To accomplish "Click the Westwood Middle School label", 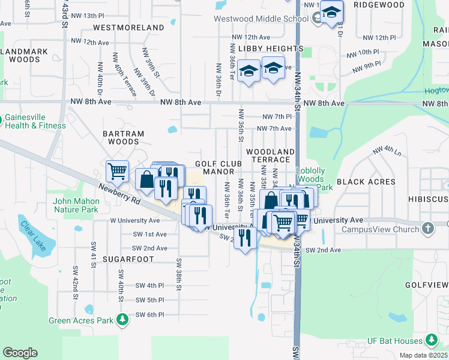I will [262, 19].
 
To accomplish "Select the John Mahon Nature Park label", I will [76, 206].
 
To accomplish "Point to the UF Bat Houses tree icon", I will [431, 340].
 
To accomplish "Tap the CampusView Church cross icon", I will [427, 228].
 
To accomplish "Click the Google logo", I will [20, 353].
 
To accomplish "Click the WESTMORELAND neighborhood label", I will [128, 28].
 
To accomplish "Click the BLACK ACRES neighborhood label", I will [366, 181].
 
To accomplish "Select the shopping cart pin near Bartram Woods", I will [117, 171].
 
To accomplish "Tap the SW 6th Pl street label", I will [150, 314].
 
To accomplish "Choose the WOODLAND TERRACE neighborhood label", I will [270, 156].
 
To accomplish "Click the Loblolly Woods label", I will [311, 175].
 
